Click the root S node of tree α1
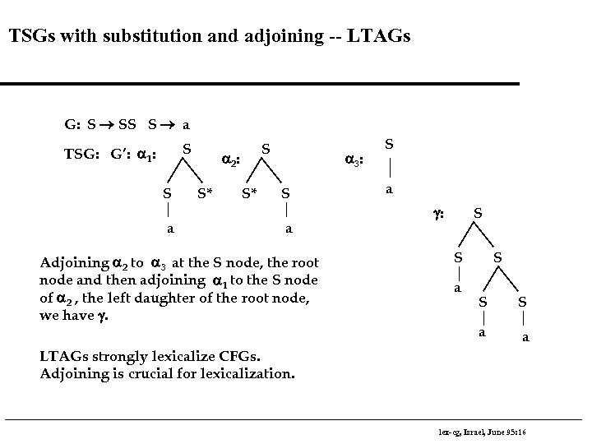pos(187,149)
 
